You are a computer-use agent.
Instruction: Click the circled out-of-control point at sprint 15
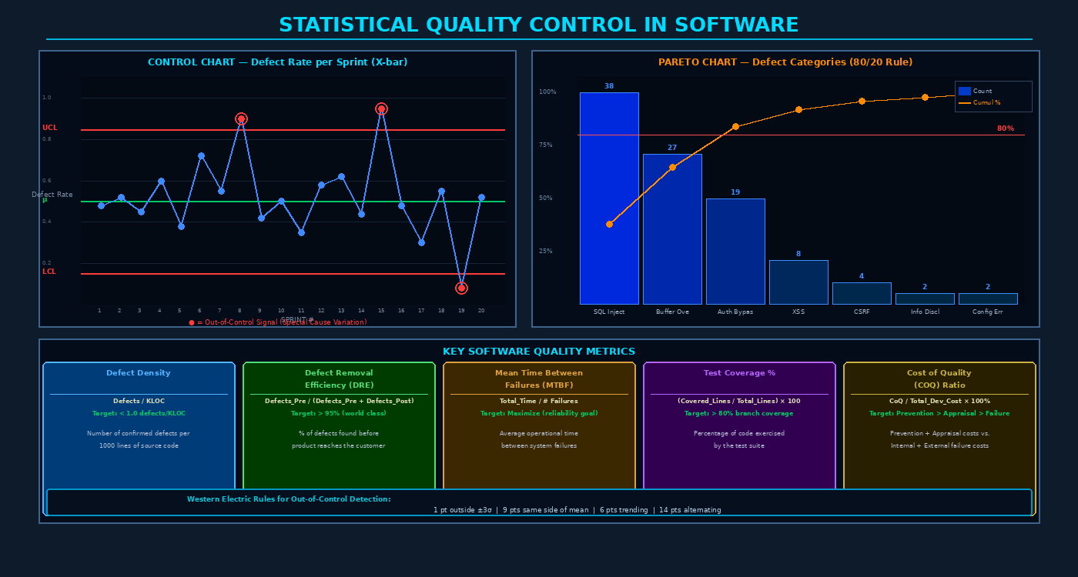pos(381,109)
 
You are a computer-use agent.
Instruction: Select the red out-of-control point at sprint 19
pos(461,288)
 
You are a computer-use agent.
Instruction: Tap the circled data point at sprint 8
pos(241,119)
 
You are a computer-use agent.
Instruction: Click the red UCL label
pos(49,128)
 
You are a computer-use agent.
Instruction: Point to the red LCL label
pos(49,272)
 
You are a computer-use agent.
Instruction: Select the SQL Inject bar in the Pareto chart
pos(609,198)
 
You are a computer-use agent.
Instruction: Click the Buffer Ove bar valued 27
pos(672,229)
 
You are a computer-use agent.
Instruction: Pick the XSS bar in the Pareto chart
pos(798,282)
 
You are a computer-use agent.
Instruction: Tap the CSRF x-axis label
pos(862,312)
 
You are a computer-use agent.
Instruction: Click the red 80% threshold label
pos(1005,128)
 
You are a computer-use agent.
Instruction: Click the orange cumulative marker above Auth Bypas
pos(735,126)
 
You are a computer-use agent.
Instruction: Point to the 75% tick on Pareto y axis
pos(547,145)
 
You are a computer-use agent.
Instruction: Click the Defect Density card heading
pos(139,373)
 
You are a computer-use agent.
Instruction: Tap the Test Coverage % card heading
pos(739,373)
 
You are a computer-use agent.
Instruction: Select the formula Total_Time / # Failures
pos(539,401)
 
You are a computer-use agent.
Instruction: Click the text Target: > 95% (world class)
pos(339,413)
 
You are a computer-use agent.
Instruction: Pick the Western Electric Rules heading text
pos(289,499)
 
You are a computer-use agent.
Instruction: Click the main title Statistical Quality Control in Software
pos(539,25)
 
